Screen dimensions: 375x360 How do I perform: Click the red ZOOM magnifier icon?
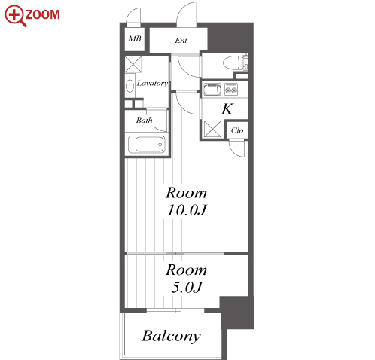[x=16, y=16]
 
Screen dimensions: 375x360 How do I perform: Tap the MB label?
[x=135, y=38]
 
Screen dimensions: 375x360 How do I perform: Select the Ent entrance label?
[x=181, y=40]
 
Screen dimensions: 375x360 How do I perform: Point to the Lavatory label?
[x=152, y=83]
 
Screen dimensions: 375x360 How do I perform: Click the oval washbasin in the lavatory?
[x=130, y=86]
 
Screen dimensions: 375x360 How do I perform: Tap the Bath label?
[x=145, y=121]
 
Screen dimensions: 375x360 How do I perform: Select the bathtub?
[x=147, y=145]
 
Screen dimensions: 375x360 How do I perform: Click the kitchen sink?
[x=212, y=89]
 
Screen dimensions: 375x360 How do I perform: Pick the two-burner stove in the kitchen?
[x=231, y=89]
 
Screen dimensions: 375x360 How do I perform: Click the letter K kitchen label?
[x=227, y=109]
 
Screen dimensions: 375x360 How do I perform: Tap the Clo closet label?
[x=237, y=130]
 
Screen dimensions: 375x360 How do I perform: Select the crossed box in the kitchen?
[x=212, y=129]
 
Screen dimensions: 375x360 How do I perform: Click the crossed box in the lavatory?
[x=133, y=65]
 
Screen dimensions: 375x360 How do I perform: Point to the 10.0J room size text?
[x=187, y=210]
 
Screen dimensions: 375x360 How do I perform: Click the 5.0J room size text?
[x=187, y=288]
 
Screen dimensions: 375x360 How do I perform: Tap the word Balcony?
[x=172, y=336]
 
